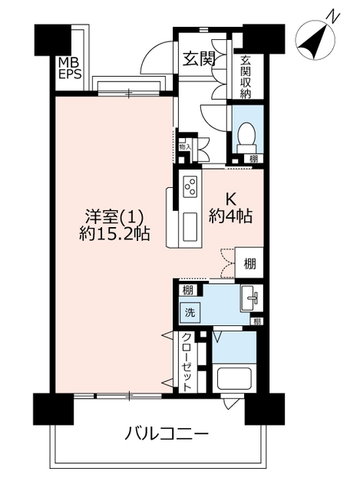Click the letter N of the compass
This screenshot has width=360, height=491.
[332, 17]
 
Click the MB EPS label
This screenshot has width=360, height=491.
[70, 68]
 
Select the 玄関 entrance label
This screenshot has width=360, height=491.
[199, 58]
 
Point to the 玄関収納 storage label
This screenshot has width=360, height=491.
[246, 77]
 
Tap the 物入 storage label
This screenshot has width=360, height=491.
[185, 147]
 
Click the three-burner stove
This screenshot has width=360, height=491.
[191, 186]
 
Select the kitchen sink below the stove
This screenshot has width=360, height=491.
[190, 227]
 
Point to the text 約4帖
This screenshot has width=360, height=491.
[230, 216]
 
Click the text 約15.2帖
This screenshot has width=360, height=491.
[114, 233]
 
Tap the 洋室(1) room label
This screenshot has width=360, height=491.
[114, 216]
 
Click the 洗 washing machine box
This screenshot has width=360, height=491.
[190, 312]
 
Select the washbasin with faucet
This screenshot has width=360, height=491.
[252, 298]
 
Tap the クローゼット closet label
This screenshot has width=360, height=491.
[187, 361]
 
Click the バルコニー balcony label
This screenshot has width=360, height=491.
[167, 434]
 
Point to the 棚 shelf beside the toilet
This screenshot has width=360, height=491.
[254, 159]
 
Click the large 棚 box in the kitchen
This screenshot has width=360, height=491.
[249, 263]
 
